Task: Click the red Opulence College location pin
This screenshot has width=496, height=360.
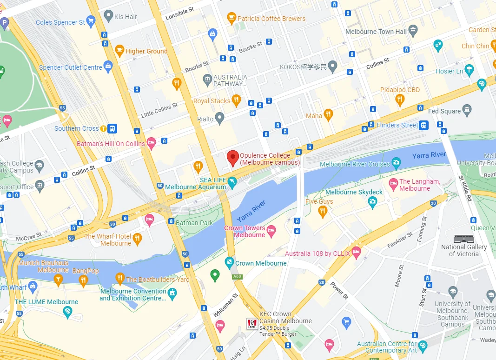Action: [x=232, y=157]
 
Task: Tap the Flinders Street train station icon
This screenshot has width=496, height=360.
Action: [x=423, y=125]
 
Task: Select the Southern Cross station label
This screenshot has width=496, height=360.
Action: [x=77, y=128]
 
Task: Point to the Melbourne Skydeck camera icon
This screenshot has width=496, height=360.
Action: [x=372, y=201]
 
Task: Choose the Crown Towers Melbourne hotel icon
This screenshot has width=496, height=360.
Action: [x=271, y=230]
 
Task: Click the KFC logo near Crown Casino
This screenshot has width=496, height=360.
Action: [x=251, y=324]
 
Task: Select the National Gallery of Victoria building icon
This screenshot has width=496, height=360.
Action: [x=463, y=238]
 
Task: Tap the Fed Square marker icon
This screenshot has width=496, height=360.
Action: [x=467, y=111]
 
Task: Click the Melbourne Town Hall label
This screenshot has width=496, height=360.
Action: [x=376, y=32]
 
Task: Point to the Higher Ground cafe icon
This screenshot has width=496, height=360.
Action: [x=119, y=51]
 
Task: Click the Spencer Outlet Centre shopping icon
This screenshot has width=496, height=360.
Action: [x=108, y=67]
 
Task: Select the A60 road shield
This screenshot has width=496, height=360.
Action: [x=238, y=276]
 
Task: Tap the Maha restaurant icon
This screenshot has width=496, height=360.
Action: [x=328, y=115]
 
